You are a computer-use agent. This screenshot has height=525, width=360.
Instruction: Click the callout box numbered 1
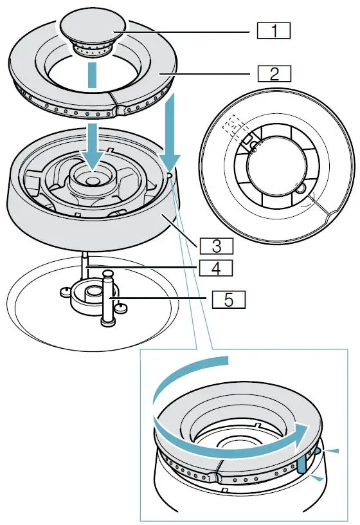273,30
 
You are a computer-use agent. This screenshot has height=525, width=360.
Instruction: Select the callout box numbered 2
273,72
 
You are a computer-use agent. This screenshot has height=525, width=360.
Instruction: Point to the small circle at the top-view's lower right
299,189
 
